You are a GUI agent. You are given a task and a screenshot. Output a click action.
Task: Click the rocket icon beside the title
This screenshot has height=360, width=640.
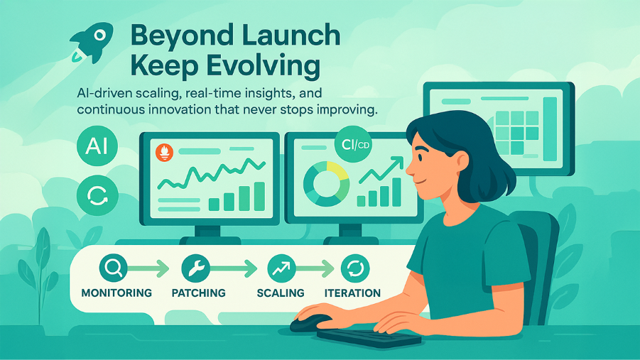[x=92, y=42]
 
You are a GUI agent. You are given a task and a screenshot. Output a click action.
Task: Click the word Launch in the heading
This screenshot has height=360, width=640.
[x=291, y=36]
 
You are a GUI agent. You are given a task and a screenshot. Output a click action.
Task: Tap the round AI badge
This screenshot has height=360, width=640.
[x=97, y=146]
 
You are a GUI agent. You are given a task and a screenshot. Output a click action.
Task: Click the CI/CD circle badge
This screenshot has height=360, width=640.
[x=353, y=144]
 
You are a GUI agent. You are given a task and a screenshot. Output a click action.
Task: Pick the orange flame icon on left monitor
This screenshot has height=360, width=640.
[x=164, y=153]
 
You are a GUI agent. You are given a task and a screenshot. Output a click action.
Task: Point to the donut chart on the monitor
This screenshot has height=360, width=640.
[x=326, y=184]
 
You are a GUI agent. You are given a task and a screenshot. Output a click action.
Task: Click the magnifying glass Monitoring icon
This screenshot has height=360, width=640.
[x=113, y=268]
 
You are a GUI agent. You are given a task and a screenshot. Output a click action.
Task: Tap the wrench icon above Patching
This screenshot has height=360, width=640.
[x=195, y=268]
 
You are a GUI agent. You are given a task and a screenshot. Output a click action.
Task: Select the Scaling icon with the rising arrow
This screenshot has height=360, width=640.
[x=281, y=268]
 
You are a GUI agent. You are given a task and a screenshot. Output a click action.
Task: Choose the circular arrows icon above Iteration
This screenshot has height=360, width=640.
[x=355, y=268]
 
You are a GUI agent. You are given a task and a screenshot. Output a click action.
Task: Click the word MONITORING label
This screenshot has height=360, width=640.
[x=116, y=293]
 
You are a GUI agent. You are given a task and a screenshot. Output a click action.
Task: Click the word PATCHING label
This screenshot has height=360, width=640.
[x=198, y=293]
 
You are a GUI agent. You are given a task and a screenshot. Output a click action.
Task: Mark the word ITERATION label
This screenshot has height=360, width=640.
[x=352, y=293]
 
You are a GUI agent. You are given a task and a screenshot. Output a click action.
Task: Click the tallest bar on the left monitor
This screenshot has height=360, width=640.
[x=259, y=196]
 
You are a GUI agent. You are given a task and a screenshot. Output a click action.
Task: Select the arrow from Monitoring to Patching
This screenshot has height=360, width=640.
[x=148, y=268]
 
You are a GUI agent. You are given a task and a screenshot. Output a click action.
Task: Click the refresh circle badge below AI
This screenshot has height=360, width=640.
[x=97, y=195]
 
